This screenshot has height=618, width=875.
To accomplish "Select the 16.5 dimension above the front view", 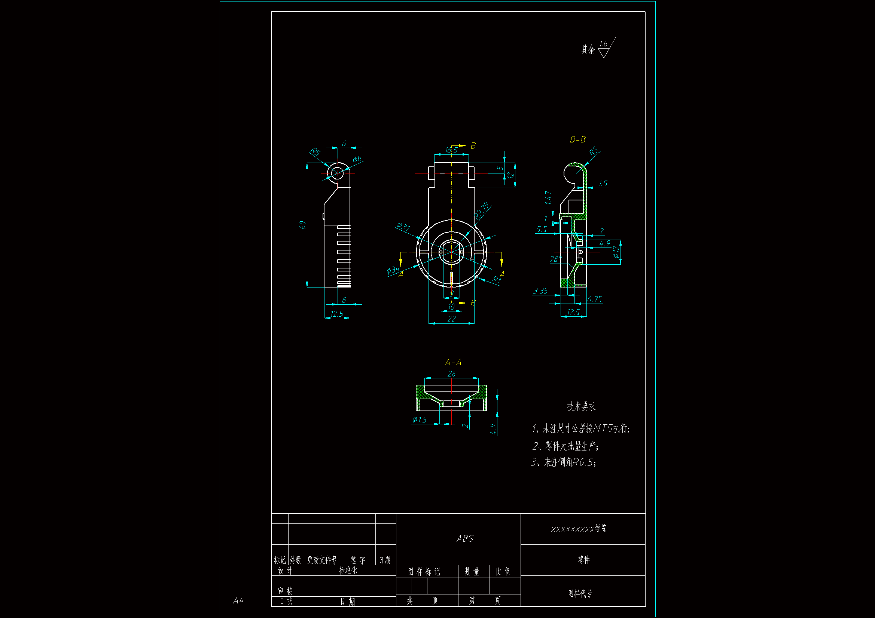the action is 451,150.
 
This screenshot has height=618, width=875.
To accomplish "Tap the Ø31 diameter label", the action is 403,227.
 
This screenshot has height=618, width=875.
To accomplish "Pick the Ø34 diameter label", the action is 393,270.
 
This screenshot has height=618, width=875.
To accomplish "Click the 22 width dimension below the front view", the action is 452,319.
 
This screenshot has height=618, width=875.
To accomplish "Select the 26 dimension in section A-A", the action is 452,374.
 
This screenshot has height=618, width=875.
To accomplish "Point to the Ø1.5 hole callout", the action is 420,419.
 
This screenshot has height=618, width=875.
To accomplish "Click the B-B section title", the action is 578,140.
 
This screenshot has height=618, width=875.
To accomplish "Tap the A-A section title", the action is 453,362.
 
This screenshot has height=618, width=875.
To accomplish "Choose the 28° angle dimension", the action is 555,259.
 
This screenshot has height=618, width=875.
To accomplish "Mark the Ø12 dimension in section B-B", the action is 616,252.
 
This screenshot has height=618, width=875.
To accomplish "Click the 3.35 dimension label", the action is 541,291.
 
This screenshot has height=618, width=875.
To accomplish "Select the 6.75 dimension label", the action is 595,299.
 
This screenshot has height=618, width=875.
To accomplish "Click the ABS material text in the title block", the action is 465,538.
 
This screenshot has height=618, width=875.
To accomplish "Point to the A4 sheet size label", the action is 238,600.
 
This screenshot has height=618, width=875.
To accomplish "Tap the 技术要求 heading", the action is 581,407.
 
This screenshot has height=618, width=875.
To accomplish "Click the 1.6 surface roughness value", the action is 603,44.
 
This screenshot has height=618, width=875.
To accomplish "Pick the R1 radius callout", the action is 496,280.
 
